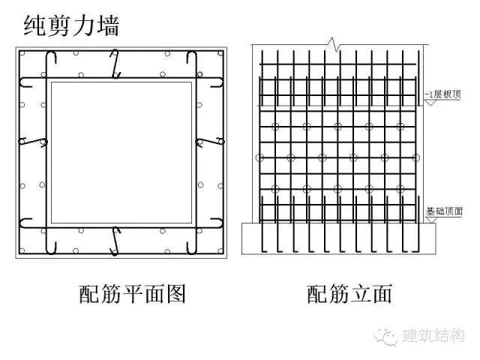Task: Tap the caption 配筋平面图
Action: coord(133,293)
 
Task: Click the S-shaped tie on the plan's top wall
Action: coord(115,63)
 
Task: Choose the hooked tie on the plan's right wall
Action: coord(208,140)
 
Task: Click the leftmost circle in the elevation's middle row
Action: coord(259,157)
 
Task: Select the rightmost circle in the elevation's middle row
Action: coord(415,157)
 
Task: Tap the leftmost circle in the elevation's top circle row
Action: coord(275,125)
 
